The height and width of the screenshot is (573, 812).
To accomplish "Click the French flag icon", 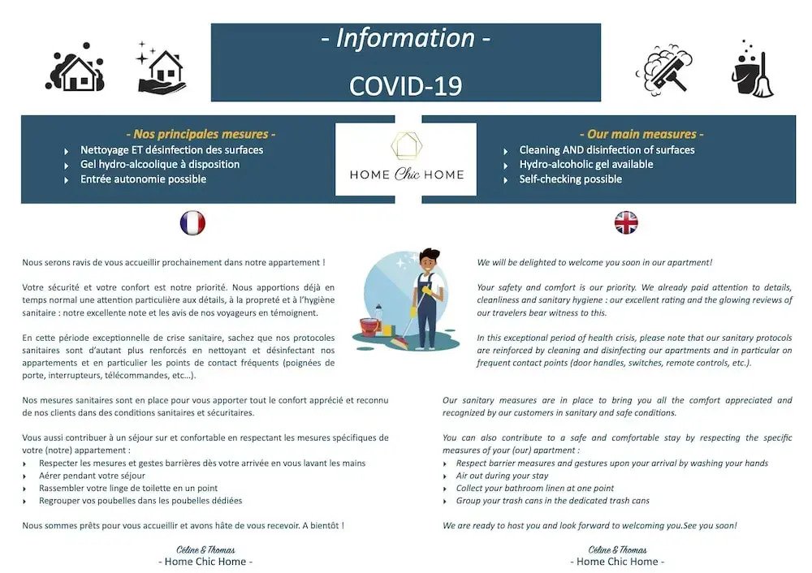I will (x=192, y=223).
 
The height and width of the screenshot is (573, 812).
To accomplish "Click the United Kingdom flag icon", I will (x=626, y=222).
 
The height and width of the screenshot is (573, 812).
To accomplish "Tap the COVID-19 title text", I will (x=405, y=85).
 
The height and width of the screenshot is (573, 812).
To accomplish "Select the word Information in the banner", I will (x=405, y=38).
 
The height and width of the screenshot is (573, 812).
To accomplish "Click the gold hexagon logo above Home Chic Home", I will (x=406, y=146).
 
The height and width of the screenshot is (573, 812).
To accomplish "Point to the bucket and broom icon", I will (x=752, y=71).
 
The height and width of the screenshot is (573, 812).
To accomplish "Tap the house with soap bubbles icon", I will (x=76, y=71).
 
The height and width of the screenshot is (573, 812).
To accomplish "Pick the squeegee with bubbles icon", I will (x=665, y=68).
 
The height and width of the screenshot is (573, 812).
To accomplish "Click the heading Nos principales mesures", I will (x=201, y=134).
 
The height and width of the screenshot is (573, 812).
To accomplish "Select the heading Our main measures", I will (x=641, y=134).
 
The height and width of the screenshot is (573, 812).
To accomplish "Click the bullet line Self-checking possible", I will (x=570, y=179).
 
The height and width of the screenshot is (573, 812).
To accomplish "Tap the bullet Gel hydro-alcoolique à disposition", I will (x=159, y=165).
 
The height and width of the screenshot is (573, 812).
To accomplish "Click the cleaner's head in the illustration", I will (x=430, y=261).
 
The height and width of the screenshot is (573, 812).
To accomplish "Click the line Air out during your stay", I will (x=502, y=476).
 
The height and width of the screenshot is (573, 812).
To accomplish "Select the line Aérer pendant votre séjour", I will (x=91, y=476).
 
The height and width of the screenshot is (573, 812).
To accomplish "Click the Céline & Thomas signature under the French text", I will (x=205, y=549).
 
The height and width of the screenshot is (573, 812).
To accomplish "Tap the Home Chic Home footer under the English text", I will (x=617, y=562).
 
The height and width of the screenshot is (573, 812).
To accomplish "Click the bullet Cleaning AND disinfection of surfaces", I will (x=607, y=150).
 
